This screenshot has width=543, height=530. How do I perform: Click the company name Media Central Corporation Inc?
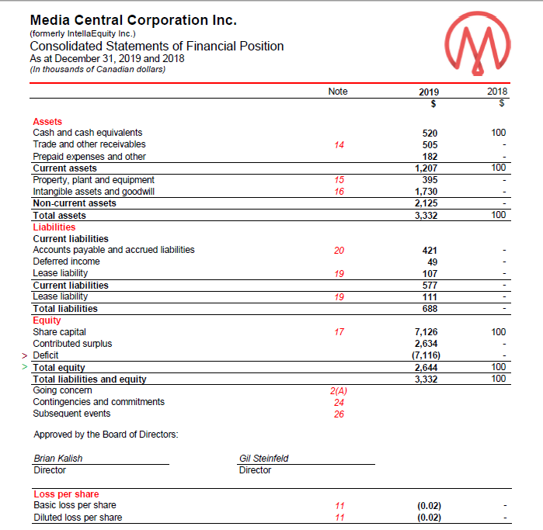(x=133, y=19)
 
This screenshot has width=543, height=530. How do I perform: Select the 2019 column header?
(x=428, y=92)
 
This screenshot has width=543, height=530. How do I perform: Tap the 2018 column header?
(x=496, y=92)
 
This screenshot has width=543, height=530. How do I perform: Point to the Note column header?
(x=338, y=92)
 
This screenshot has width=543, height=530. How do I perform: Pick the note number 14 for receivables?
(x=338, y=144)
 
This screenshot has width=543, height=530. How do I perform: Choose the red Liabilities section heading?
(x=54, y=227)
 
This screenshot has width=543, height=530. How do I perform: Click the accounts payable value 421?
(x=429, y=251)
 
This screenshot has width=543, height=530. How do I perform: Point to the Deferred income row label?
(x=66, y=262)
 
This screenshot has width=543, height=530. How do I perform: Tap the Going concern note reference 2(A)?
(x=338, y=391)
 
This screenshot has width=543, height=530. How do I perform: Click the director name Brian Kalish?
(x=58, y=458)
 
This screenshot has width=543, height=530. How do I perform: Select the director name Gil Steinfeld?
(x=263, y=458)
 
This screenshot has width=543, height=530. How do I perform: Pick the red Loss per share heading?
(x=66, y=494)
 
